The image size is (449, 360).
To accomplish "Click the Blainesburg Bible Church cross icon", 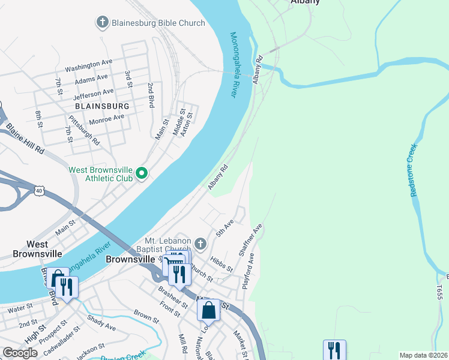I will [103, 23].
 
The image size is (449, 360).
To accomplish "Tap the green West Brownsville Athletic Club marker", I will [142, 174].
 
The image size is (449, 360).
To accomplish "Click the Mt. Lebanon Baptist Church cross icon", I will [200, 244].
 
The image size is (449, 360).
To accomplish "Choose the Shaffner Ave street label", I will [251, 241].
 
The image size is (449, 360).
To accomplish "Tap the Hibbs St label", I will [221, 265].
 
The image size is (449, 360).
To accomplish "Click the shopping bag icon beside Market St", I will [208, 310].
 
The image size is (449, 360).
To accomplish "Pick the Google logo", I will [20, 353].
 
